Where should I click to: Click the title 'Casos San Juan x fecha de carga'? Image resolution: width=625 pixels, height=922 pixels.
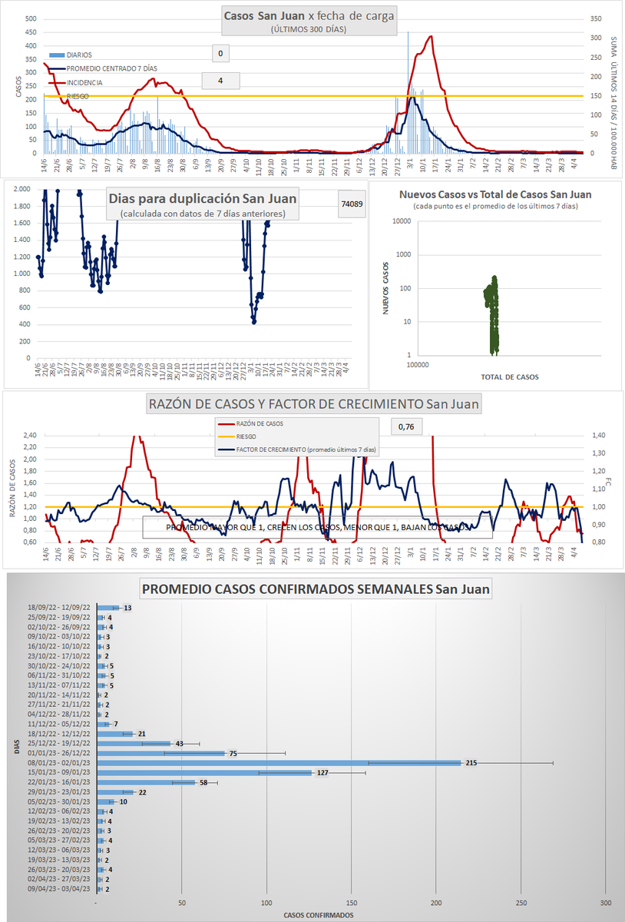click(x=309, y=15)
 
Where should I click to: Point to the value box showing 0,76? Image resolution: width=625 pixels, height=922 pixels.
click(x=406, y=426)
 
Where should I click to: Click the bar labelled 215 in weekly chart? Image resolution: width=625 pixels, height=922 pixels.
click(x=279, y=763)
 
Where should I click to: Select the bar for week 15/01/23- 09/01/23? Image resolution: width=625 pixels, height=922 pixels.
click(x=204, y=773)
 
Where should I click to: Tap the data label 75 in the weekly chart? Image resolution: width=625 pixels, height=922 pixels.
click(x=233, y=754)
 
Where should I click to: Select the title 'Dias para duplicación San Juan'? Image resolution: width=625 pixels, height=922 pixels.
click(x=203, y=198)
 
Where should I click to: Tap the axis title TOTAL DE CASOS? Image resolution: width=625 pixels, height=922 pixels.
click(x=509, y=377)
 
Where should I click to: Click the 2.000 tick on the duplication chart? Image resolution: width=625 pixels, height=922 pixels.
click(x=21, y=190)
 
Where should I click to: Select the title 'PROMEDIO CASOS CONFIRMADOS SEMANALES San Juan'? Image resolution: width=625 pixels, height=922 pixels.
click(x=316, y=590)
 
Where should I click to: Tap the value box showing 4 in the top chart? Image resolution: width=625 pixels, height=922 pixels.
click(x=220, y=81)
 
